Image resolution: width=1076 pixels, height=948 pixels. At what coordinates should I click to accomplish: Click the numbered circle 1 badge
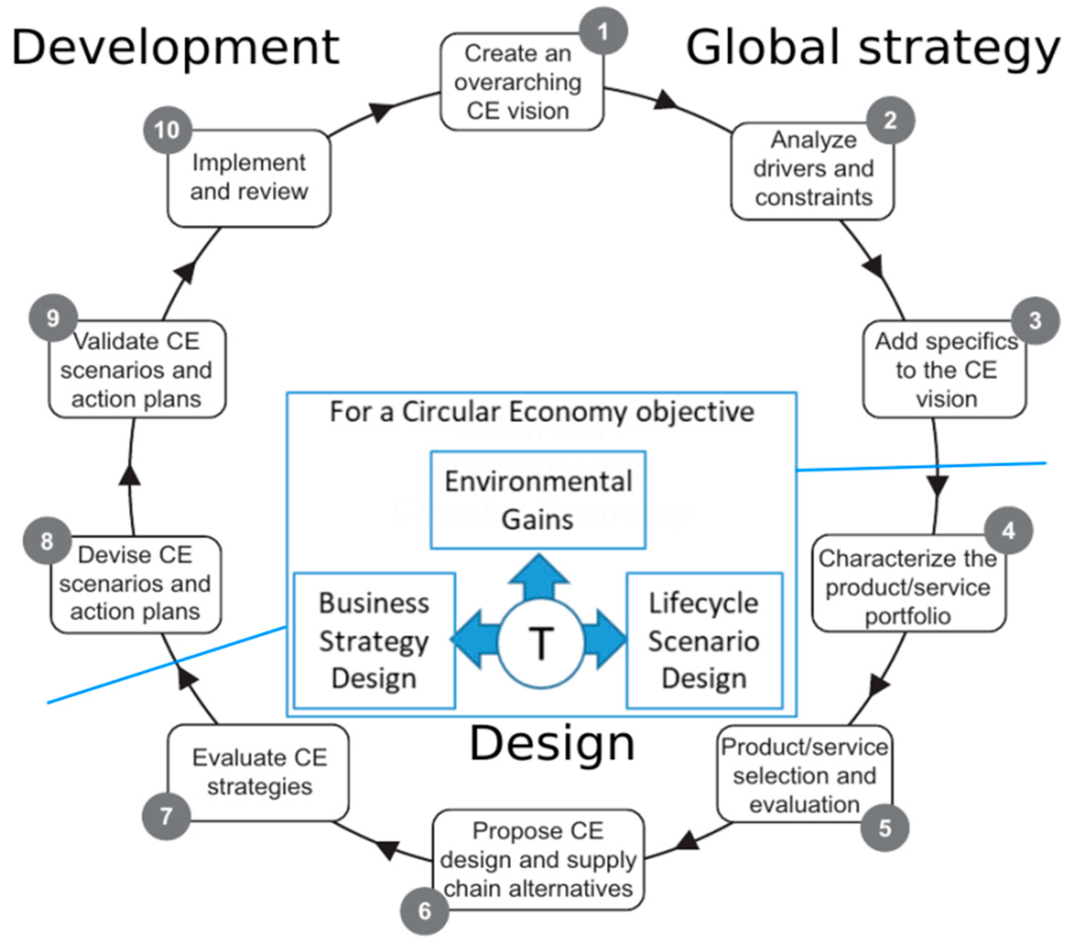coord(603,31)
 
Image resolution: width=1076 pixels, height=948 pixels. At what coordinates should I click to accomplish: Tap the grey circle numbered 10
coord(167,130)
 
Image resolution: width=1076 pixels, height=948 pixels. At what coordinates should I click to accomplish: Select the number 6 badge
coord(424,910)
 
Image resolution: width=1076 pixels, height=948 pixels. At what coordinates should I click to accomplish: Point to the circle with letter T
coord(541,643)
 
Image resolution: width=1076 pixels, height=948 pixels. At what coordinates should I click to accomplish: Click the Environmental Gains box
coord(538,499)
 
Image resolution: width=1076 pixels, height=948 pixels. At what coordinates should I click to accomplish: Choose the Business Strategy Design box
coord(374,640)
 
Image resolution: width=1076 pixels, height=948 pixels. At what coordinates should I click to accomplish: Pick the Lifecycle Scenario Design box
coord(704,640)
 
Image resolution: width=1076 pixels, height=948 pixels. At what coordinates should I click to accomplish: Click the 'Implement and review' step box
coord(249,178)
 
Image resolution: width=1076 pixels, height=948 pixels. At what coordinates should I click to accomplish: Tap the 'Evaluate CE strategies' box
coord(258,772)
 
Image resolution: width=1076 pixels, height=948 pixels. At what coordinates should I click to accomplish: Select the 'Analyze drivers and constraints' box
coord(812,170)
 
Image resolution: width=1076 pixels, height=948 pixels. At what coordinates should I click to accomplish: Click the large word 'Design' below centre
coord(552,742)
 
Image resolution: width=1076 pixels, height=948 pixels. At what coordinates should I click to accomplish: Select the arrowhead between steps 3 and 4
coord(937,484)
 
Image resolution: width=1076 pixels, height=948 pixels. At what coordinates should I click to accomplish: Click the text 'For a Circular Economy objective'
coord(542,412)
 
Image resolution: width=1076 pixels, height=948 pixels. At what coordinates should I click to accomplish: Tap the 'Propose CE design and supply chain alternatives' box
coord(538,860)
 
